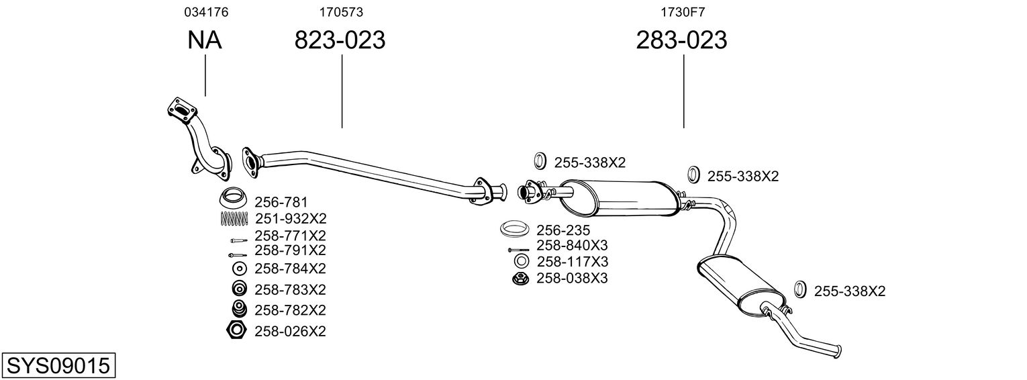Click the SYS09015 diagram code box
(x=58, y=366)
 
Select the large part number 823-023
(x=340, y=40)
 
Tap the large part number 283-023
(x=681, y=40)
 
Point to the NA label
(x=204, y=40)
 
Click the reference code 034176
(x=201, y=11)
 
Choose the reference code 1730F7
(x=682, y=11)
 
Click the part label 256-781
(x=281, y=201)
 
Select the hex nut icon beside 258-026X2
(x=236, y=330)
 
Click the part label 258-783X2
(x=290, y=289)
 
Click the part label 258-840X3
(x=572, y=245)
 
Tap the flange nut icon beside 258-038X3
(x=520, y=278)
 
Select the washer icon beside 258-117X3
(x=521, y=261)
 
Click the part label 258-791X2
(x=290, y=250)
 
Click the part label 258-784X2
(x=290, y=269)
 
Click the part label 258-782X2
(x=290, y=310)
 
